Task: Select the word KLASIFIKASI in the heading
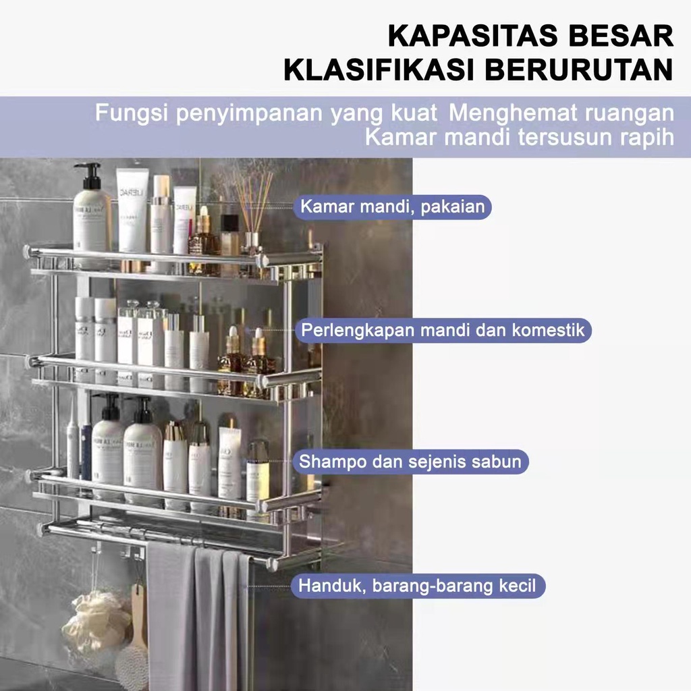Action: [x=379, y=70]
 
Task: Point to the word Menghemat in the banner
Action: [x=512, y=113]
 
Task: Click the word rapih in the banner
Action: [x=647, y=137]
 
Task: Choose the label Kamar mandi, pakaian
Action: [x=392, y=206]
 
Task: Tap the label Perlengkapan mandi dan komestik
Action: [x=443, y=330]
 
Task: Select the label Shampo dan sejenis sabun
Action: [x=410, y=462]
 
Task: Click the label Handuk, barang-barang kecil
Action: [x=417, y=586]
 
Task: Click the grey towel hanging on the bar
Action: [x=198, y=617]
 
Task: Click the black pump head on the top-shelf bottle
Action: [x=90, y=175]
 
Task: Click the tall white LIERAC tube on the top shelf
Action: [x=132, y=211]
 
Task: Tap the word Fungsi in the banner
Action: [x=132, y=113]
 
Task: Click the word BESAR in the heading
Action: [x=621, y=36]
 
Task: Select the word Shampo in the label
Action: [x=331, y=462]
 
